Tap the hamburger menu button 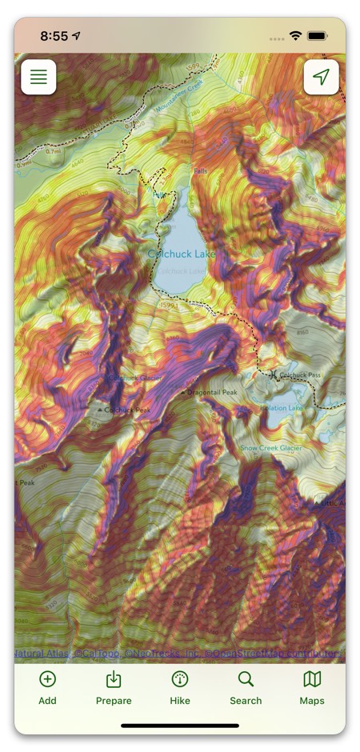(38, 78)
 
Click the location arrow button (321, 78)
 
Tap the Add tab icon (47, 679)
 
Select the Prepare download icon (114, 679)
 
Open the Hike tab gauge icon (180, 679)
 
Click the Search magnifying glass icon (246, 679)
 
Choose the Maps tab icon (312, 679)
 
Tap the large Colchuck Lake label (182, 254)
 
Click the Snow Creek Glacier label (271, 448)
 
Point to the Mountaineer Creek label (180, 95)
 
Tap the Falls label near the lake (200, 170)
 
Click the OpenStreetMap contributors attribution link (276, 654)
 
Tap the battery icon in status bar (318, 36)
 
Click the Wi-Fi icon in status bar (295, 36)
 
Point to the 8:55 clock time (54, 36)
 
